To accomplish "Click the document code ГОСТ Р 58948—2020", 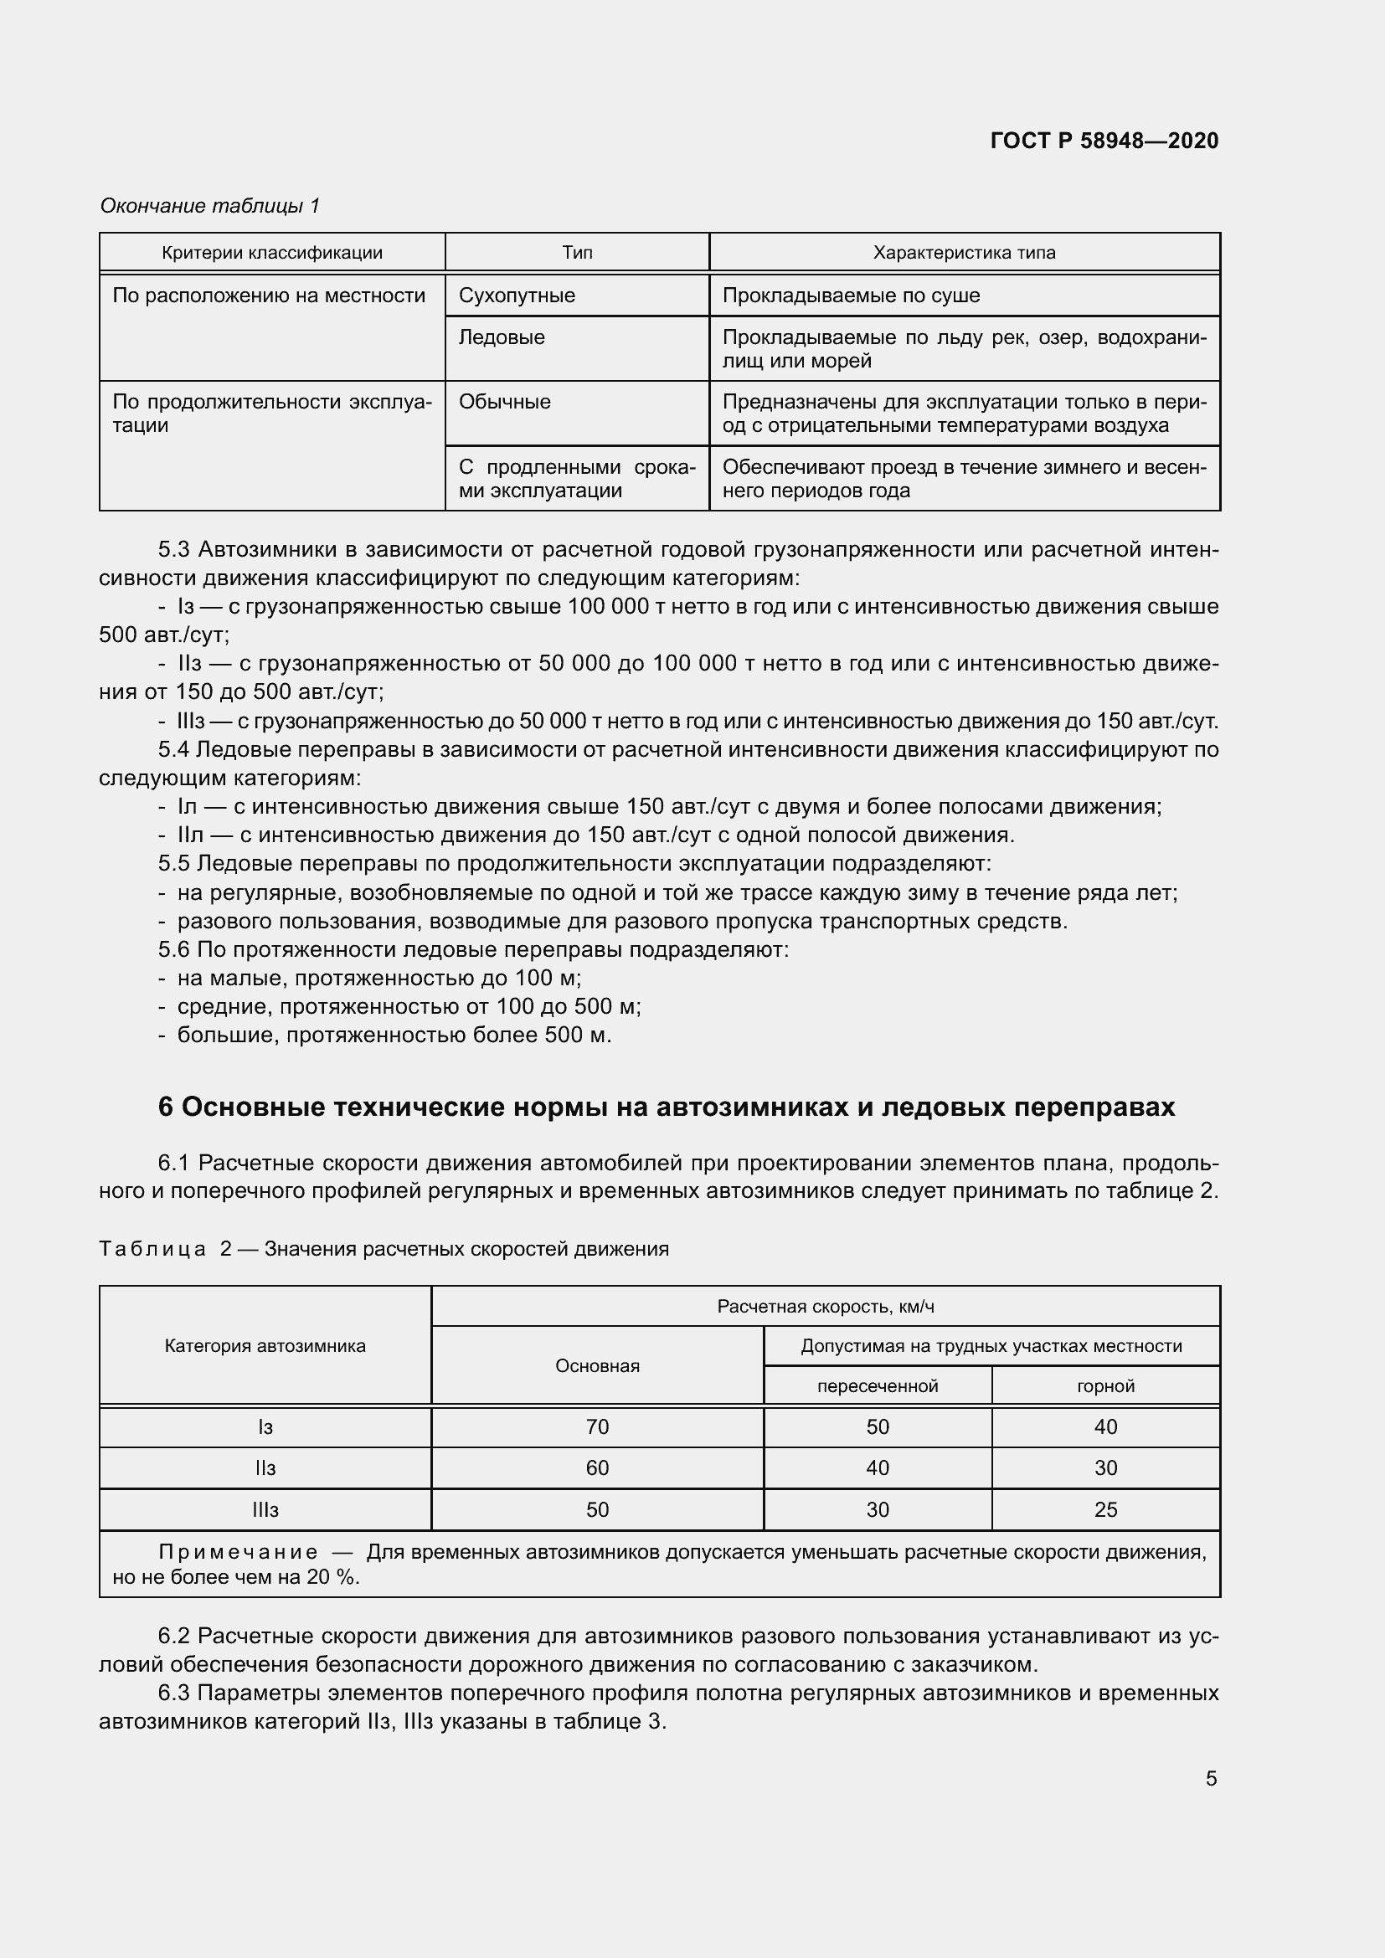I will pos(1104,141).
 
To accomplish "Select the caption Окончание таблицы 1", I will pos(210,206).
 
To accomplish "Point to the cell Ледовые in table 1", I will pos(502,337).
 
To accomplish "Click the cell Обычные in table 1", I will pos(504,402).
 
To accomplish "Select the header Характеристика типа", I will pos(964,253).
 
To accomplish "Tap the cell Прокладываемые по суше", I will pos(850,295).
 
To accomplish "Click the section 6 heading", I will pos(666,1107).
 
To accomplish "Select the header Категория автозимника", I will pos(265,1347).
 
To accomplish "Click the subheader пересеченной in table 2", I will pos(877,1386).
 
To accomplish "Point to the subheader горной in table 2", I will pos(1105,1386).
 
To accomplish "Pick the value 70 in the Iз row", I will pos(597,1426).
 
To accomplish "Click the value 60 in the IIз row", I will pos(597,1467).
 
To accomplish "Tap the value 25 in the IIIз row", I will pos(1105,1509).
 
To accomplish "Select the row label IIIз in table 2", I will pos(265,1509).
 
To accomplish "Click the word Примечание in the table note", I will pos(238,1552).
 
